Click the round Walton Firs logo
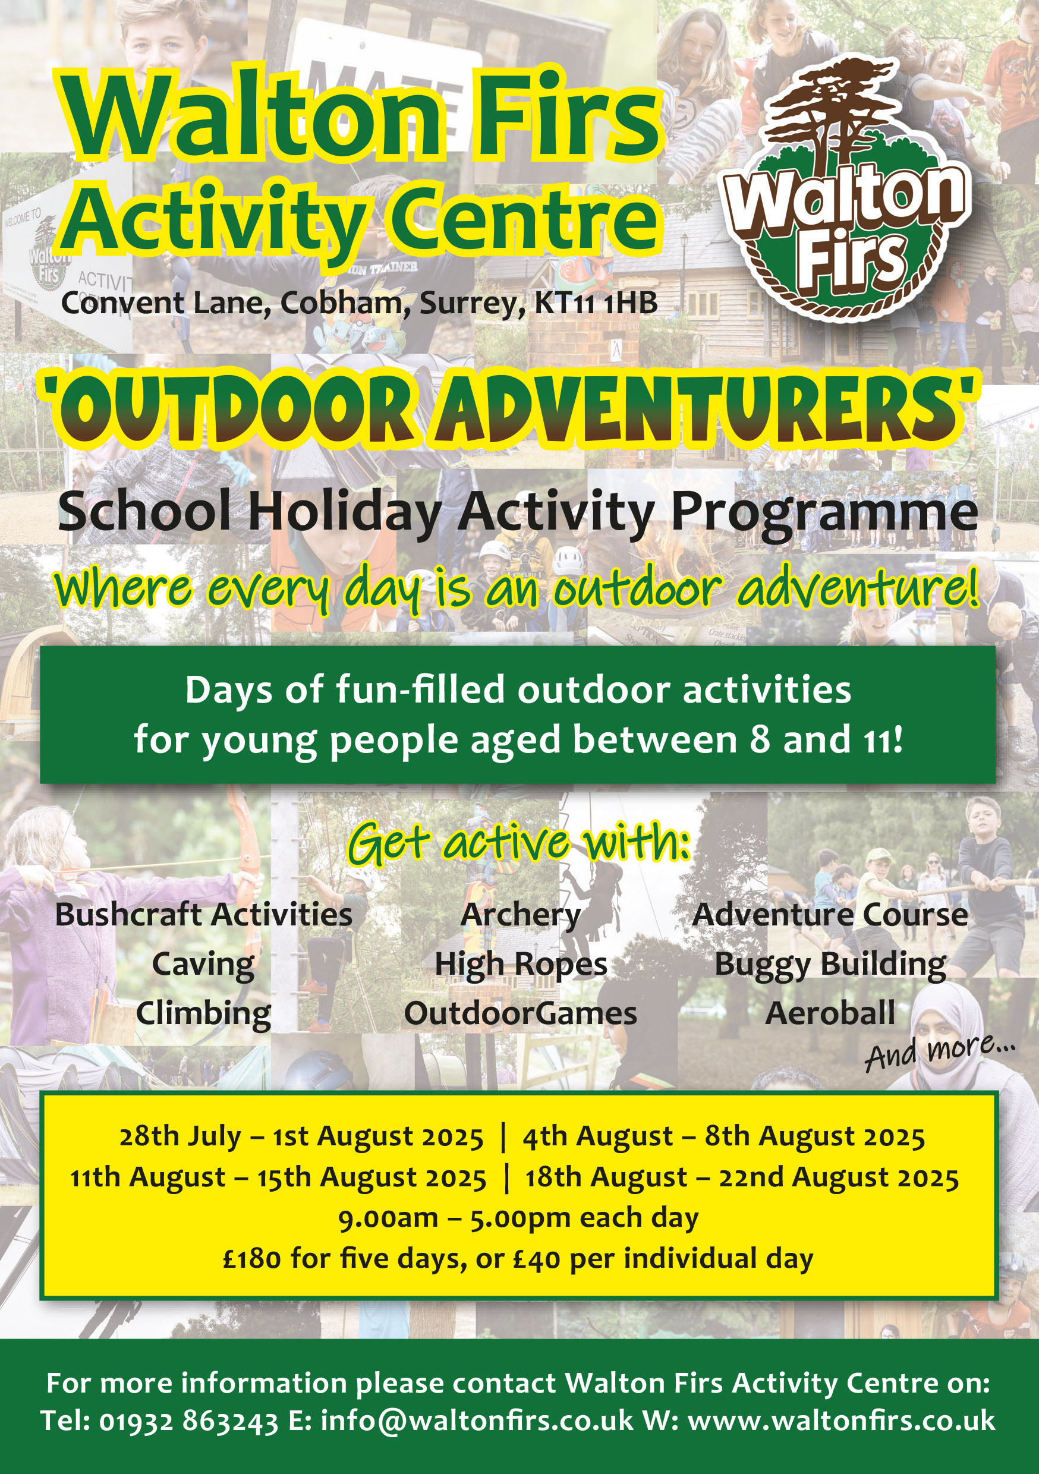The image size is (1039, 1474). coord(846,193)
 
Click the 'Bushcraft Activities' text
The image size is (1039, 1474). coord(203,915)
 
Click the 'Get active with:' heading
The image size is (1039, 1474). coord(519,842)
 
